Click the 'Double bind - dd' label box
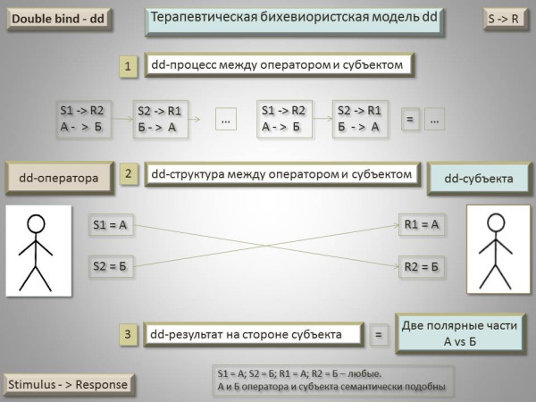pos(59,19)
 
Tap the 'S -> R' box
pos(506,19)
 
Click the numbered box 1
pos(128,66)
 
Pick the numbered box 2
pos(128,174)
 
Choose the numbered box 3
pos(128,334)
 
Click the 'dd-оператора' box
pos(59,178)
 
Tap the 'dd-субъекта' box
pos(479,179)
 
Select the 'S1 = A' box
pos(111,224)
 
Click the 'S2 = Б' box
pos(111,266)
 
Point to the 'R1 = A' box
pos(422,224)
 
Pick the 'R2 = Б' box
pos(422,266)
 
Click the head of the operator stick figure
pos(36,223)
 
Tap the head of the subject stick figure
pos(496,222)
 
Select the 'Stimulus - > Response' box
pos(69,384)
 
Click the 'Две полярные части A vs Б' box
pos(460,333)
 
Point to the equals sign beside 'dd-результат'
pos(379,334)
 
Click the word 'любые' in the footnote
pos(364,373)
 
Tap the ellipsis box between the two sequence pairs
pos(226,119)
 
